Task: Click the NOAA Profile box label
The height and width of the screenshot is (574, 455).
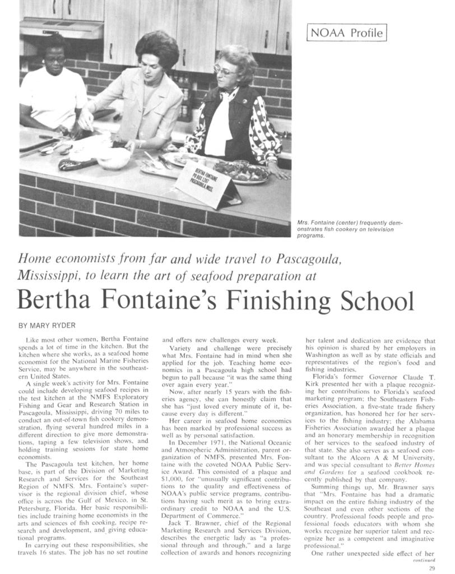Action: coord(347,33)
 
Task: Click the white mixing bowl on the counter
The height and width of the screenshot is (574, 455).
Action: coord(113,158)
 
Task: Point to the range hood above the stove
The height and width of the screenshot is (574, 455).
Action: coord(62,27)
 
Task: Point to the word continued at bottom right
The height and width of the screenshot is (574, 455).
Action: coord(424,560)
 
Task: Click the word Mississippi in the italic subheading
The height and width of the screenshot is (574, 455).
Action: coord(50,276)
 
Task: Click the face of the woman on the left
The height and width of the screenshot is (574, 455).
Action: coord(54,59)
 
